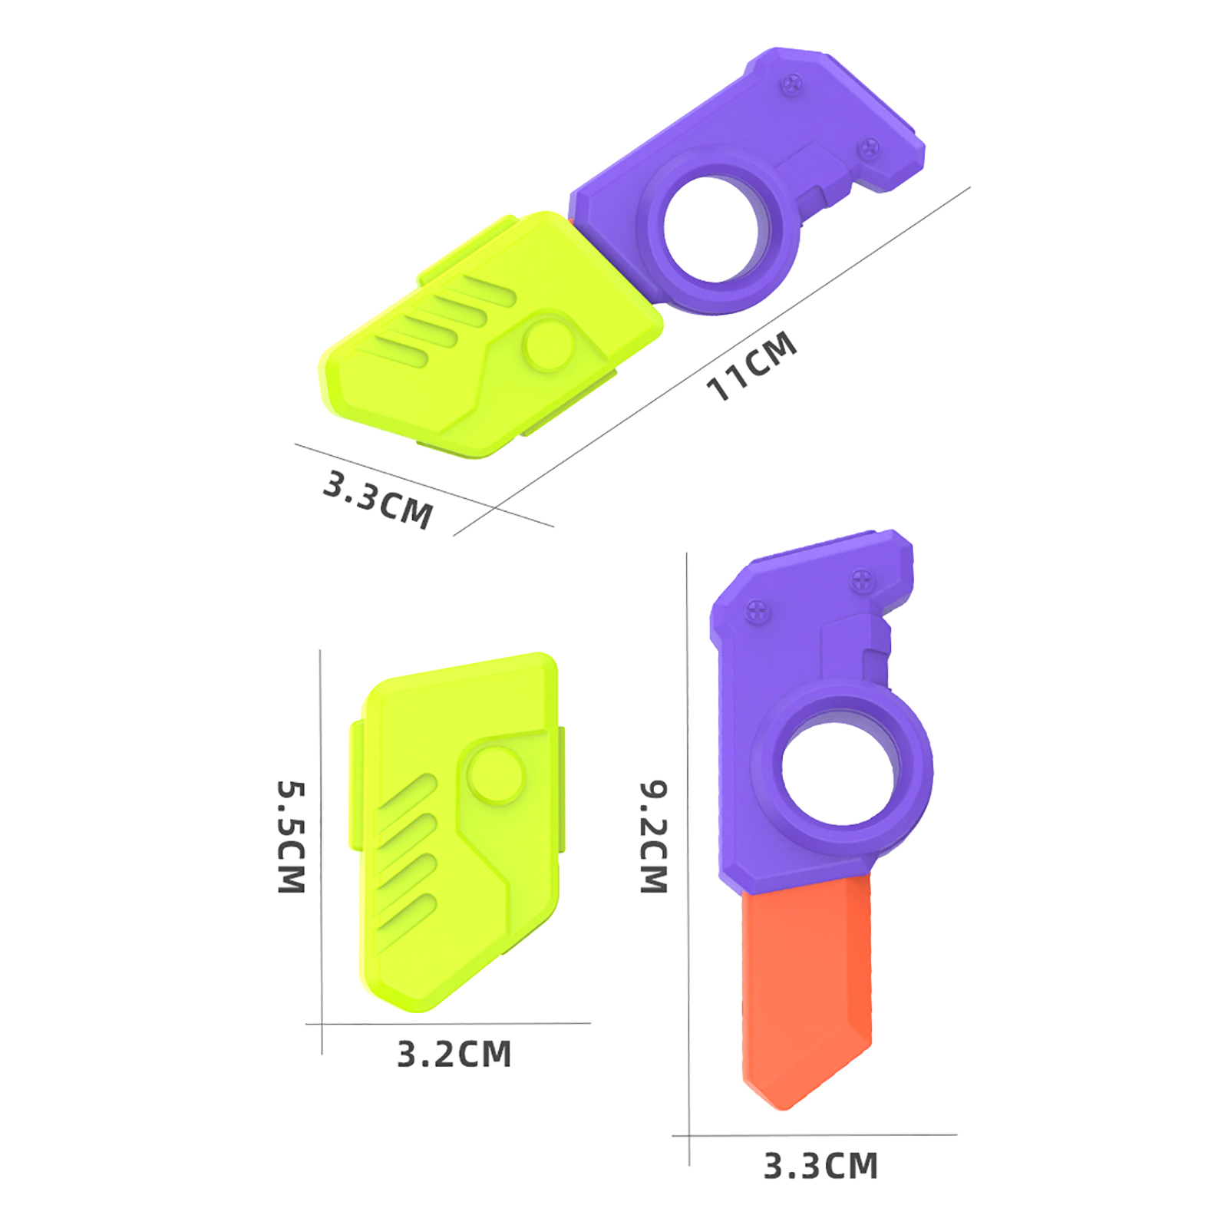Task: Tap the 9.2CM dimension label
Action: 654,837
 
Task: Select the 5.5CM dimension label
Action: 292,837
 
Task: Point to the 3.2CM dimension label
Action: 454,1055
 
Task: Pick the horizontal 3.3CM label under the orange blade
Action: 820,1166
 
